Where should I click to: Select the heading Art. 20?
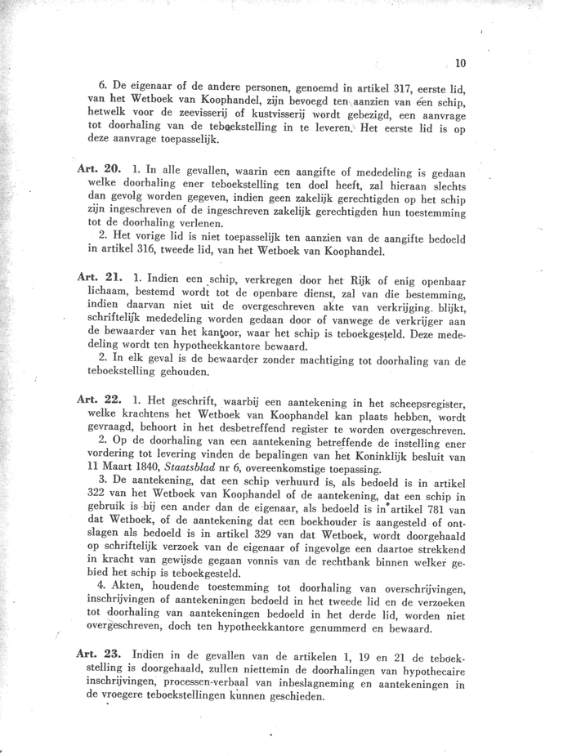point(99,168)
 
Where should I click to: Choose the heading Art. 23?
point(99,654)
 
